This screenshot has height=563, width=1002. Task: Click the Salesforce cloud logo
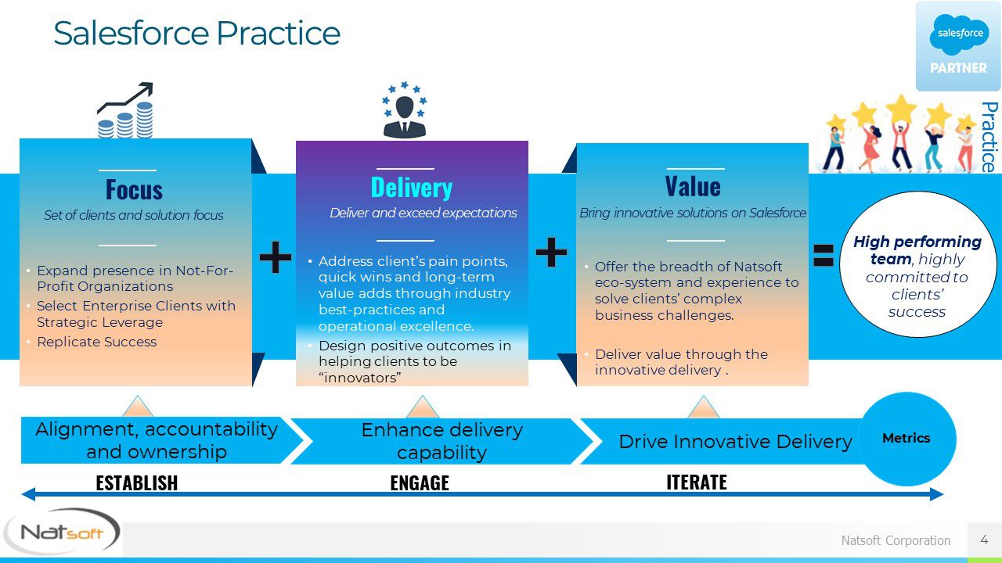(x=959, y=34)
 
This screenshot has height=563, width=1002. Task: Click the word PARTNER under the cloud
(x=958, y=68)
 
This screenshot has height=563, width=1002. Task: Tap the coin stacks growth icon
(x=125, y=110)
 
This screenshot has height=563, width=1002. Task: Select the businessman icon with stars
(x=405, y=109)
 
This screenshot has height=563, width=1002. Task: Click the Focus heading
(x=134, y=189)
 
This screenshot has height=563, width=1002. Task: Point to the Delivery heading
(x=412, y=187)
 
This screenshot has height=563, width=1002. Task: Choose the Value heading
(x=693, y=186)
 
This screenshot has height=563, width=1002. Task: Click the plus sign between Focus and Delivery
(x=275, y=257)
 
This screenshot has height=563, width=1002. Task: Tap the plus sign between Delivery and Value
(x=551, y=253)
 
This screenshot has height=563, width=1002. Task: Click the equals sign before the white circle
(x=823, y=255)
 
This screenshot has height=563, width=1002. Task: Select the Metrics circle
(x=906, y=439)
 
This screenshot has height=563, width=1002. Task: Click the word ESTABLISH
(x=137, y=483)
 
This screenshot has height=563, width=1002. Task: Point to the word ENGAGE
(x=420, y=483)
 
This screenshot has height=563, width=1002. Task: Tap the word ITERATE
(x=697, y=482)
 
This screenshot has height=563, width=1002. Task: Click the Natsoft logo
(x=62, y=532)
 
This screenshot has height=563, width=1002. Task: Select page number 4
(x=984, y=540)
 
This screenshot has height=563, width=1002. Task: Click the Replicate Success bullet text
(x=96, y=342)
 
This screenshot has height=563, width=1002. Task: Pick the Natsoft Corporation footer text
(x=896, y=540)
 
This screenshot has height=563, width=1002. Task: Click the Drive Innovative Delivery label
(x=735, y=442)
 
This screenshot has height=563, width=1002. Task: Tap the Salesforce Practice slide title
(x=196, y=33)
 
